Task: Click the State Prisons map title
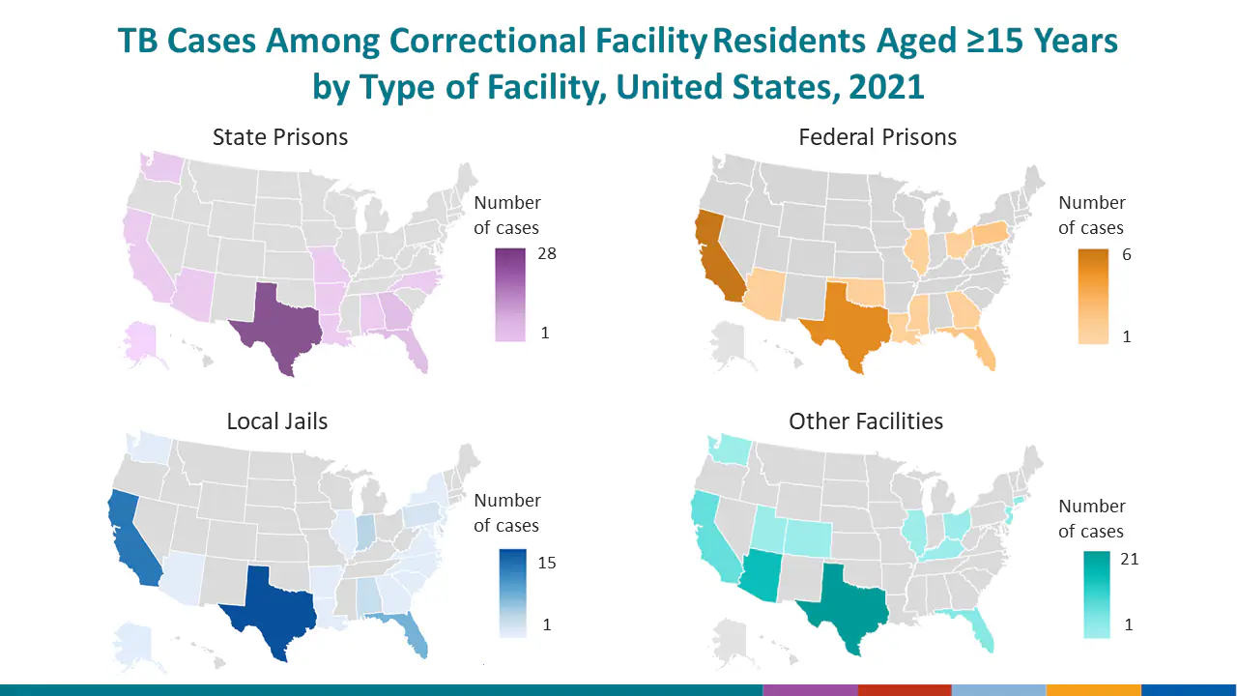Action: (280, 137)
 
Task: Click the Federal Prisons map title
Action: (877, 137)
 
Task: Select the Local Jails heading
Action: (277, 421)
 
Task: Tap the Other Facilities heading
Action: (866, 421)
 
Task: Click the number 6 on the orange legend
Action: (1127, 255)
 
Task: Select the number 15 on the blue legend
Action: (546, 564)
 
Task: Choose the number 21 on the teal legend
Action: (1129, 559)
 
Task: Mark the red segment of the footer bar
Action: (905, 690)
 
